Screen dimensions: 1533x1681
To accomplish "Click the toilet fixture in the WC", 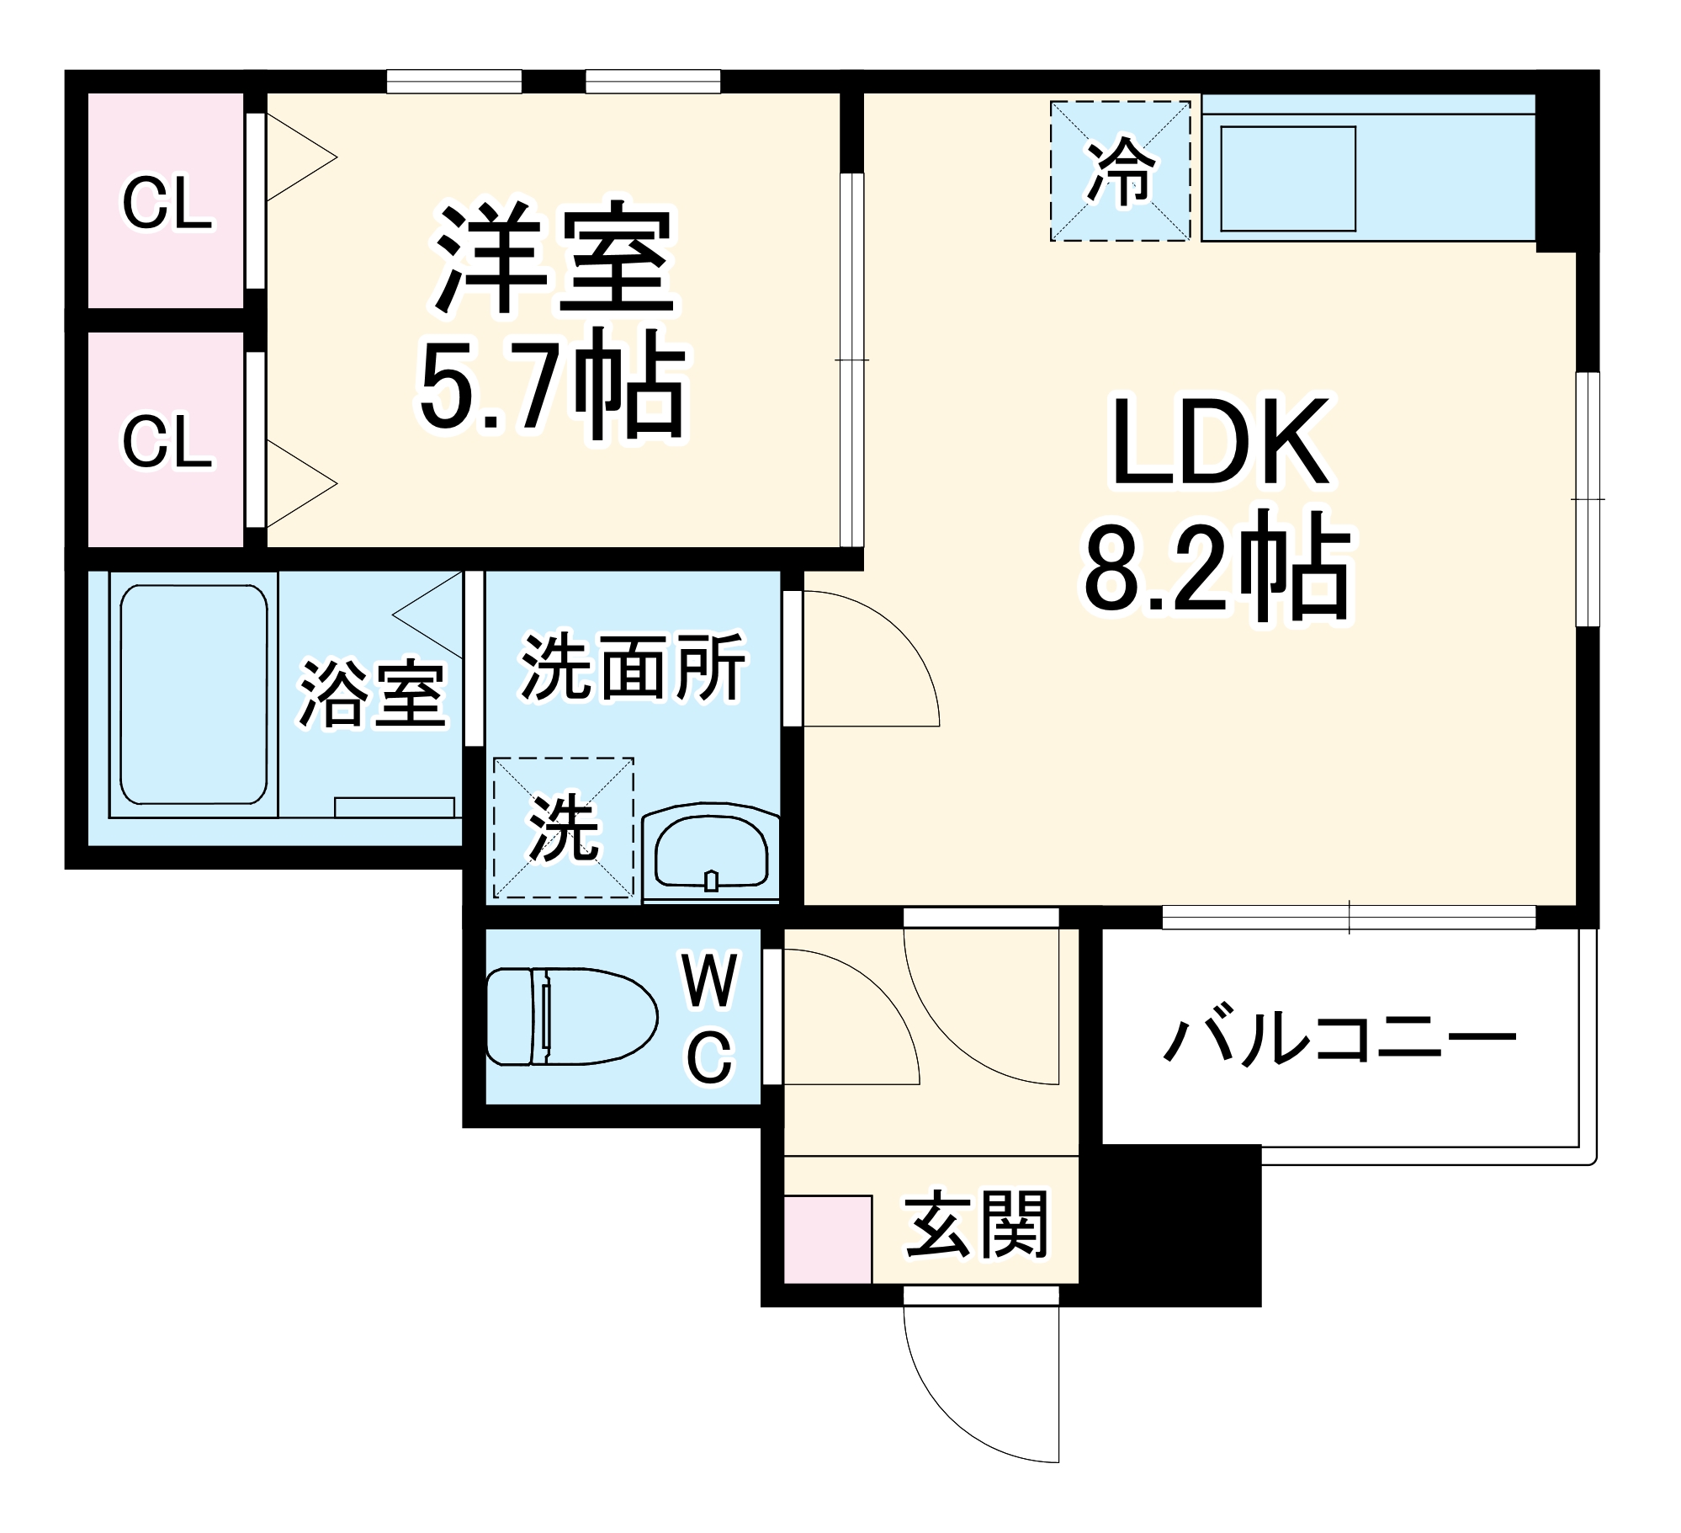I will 572,1016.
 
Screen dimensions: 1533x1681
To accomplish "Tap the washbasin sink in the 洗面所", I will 711,853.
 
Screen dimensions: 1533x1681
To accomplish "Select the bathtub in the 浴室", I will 194,695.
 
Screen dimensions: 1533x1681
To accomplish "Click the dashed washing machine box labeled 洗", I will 563,828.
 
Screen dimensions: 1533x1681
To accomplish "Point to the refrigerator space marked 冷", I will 1120,171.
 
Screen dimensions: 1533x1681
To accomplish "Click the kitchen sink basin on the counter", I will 1287,178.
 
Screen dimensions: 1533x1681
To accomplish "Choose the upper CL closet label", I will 167,203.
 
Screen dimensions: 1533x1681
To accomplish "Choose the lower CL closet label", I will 167,441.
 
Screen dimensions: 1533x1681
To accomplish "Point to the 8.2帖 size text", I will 1217,566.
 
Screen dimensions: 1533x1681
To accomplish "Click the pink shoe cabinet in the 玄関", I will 827,1239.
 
